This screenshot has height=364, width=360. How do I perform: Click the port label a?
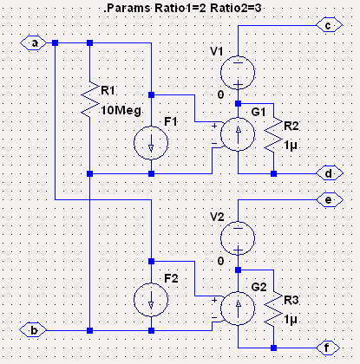pos(33,43)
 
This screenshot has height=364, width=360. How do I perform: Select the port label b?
pos(33,330)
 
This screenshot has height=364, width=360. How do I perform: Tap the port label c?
pos(330,25)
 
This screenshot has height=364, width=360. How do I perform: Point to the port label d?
pos(330,173)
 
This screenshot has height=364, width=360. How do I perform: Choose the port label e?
pos(330,199)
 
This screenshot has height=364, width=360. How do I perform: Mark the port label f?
pos(328,348)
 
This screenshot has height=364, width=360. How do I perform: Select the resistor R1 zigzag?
pos(90,100)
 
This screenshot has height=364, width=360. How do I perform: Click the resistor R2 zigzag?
pos(273,134)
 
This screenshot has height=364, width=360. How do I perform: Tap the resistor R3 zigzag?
pos(273,309)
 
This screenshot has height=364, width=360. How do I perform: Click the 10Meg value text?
pos(121,110)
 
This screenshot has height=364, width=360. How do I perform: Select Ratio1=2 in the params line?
pos(180,8)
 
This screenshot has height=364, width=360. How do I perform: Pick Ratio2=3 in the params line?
pos(236,8)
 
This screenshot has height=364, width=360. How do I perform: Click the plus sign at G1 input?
pos(214,126)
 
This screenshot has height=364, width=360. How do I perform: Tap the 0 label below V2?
pos(220,261)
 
